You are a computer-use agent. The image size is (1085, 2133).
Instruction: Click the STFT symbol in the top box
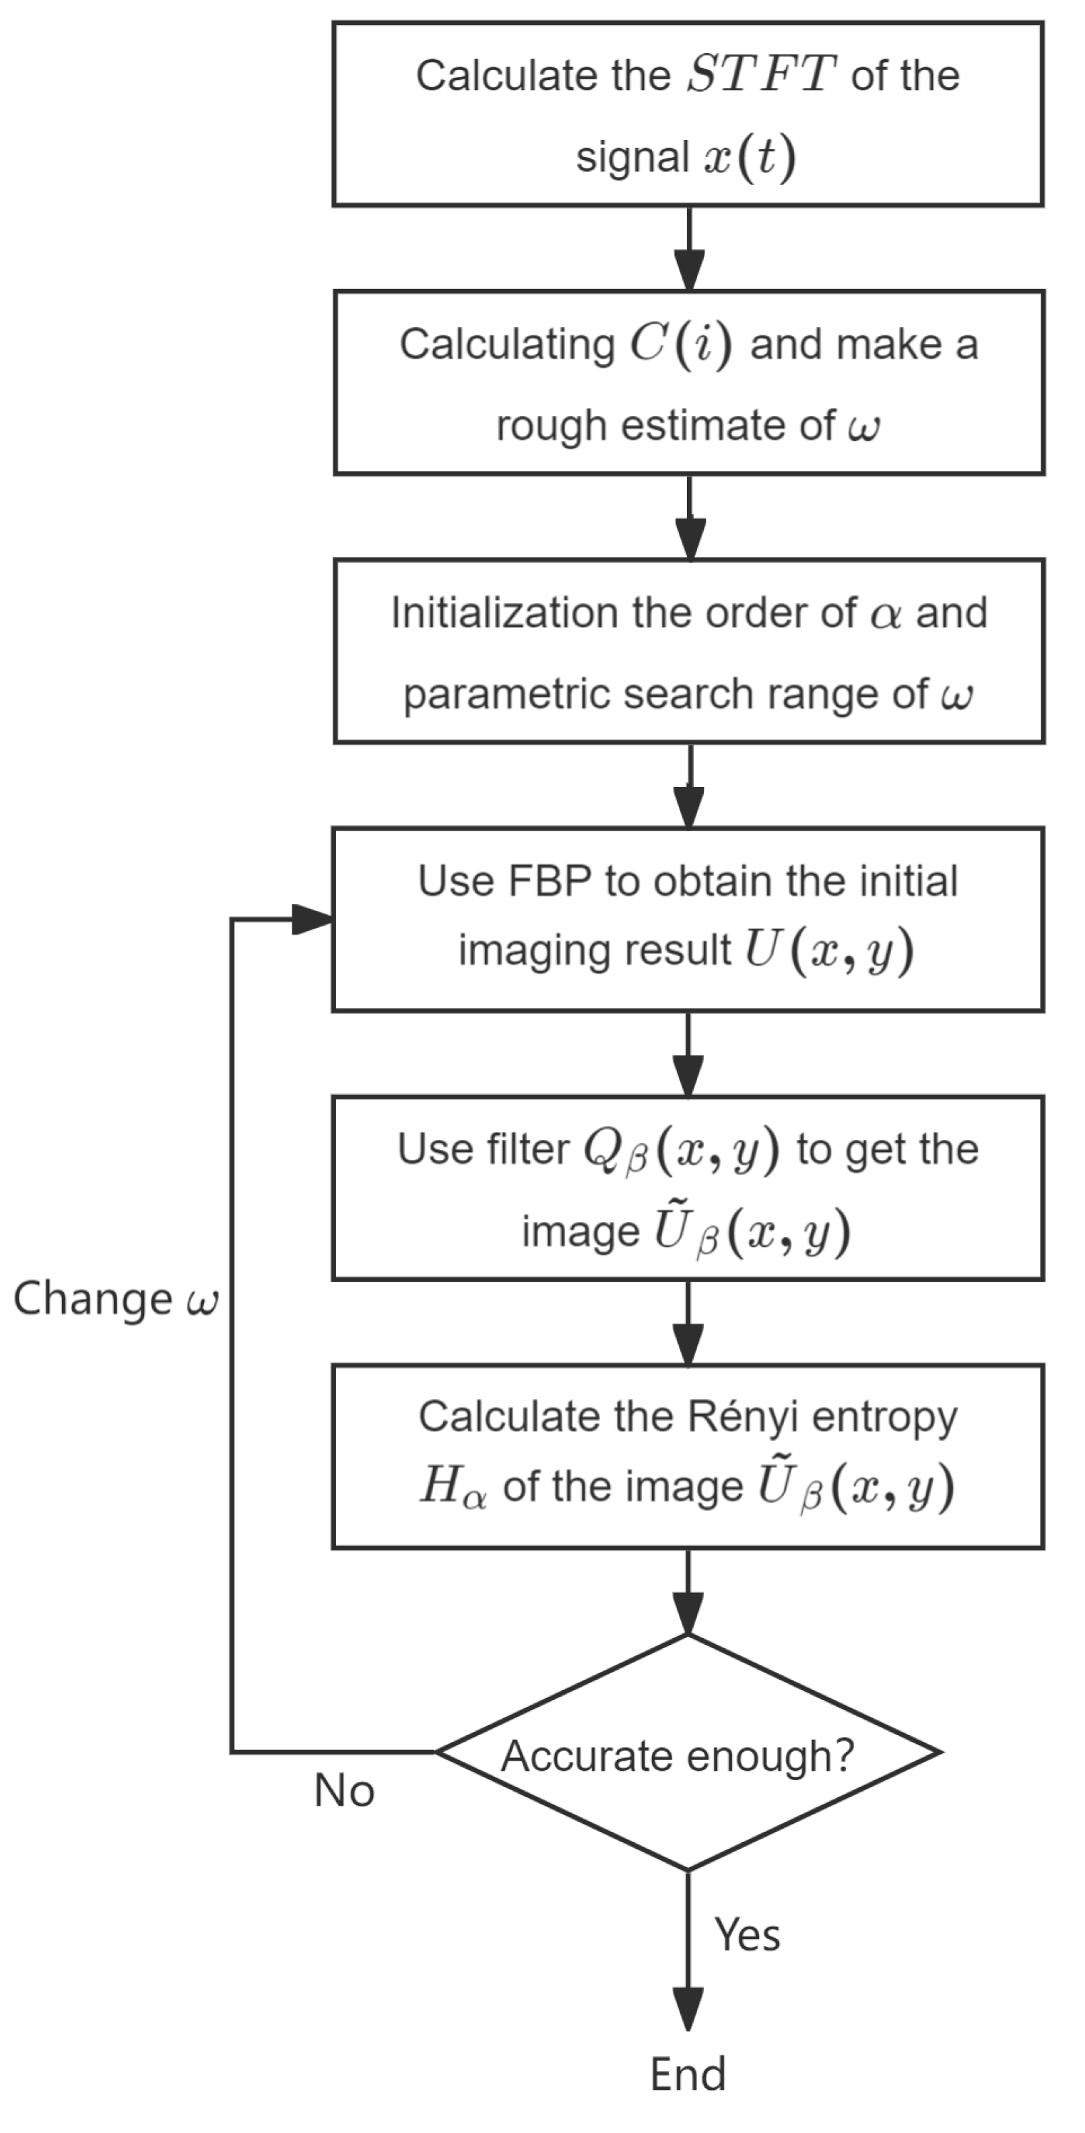click(760, 75)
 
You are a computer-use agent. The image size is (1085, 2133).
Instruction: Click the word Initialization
click(504, 613)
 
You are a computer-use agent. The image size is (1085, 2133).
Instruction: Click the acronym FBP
click(549, 881)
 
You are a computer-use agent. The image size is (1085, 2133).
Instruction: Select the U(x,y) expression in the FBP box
click(828, 951)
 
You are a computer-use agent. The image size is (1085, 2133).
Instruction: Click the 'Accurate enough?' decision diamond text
click(678, 1755)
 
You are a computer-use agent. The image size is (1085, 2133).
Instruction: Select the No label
click(345, 1792)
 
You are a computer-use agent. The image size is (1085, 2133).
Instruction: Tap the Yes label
click(747, 1935)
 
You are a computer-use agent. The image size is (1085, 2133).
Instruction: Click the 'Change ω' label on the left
click(115, 1298)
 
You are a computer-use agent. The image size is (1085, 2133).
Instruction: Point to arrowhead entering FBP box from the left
click(313, 919)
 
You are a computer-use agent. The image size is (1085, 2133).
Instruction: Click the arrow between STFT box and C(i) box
click(689, 248)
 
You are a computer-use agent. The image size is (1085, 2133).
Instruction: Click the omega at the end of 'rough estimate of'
click(864, 426)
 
